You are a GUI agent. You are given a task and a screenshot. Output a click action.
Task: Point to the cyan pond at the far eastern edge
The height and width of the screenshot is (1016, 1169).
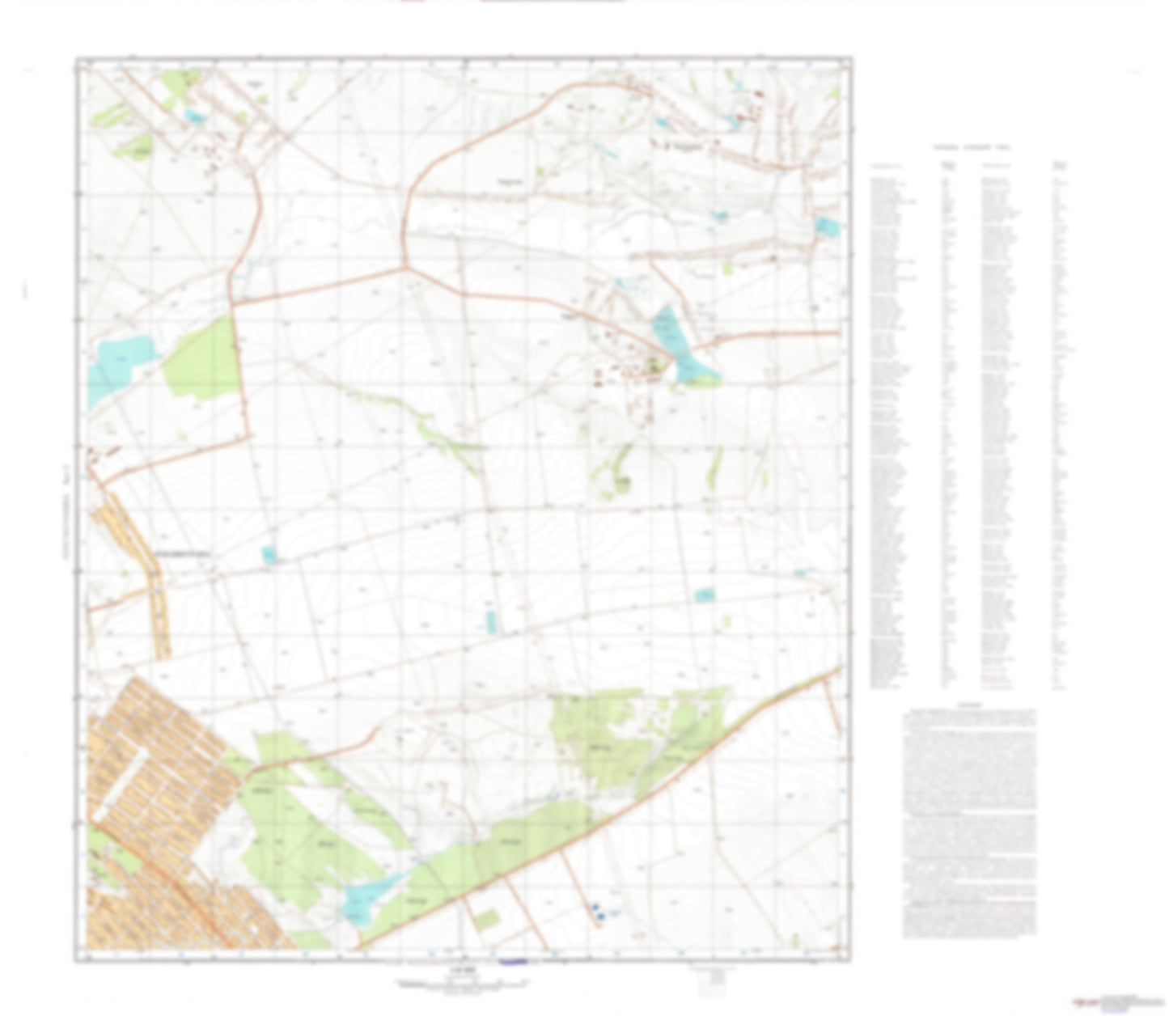[827, 226]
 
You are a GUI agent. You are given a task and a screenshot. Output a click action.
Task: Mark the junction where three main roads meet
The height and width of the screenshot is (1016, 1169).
[404, 267]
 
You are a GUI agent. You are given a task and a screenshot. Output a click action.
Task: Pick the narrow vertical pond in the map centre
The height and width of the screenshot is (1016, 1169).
[490, 621]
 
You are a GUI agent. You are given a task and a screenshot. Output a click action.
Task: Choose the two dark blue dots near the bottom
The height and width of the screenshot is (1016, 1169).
[599, 912]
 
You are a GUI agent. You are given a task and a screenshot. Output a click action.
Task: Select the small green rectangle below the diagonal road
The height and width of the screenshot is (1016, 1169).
[487, 919]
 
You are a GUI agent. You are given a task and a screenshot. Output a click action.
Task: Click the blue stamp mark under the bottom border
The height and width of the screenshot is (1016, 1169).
[513, 962]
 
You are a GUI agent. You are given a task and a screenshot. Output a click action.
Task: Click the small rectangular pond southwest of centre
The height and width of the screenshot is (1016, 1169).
[269, 555]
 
